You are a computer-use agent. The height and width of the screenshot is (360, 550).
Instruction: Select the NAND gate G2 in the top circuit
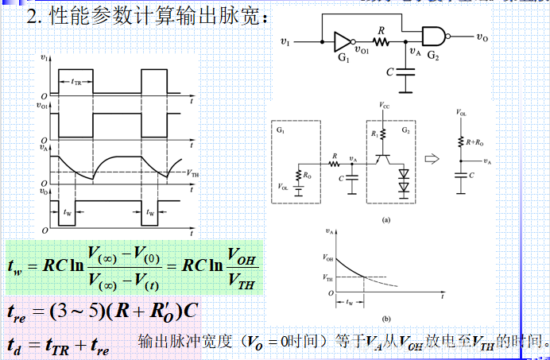pos(432,36)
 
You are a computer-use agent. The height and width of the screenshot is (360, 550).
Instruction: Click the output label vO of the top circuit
pos(482,36)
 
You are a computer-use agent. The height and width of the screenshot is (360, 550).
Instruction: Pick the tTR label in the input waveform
pos(76,82)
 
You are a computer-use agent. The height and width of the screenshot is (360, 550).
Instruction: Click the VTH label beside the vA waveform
pos(191,172)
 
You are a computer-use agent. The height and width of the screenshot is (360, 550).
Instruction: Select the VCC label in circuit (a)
pos(385,105)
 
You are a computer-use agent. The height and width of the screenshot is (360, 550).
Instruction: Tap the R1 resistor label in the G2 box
pos(376,134)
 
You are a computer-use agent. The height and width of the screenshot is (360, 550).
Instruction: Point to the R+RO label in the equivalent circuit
pos(475,141)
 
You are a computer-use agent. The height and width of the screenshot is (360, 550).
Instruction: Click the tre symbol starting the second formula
pos(17,312)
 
